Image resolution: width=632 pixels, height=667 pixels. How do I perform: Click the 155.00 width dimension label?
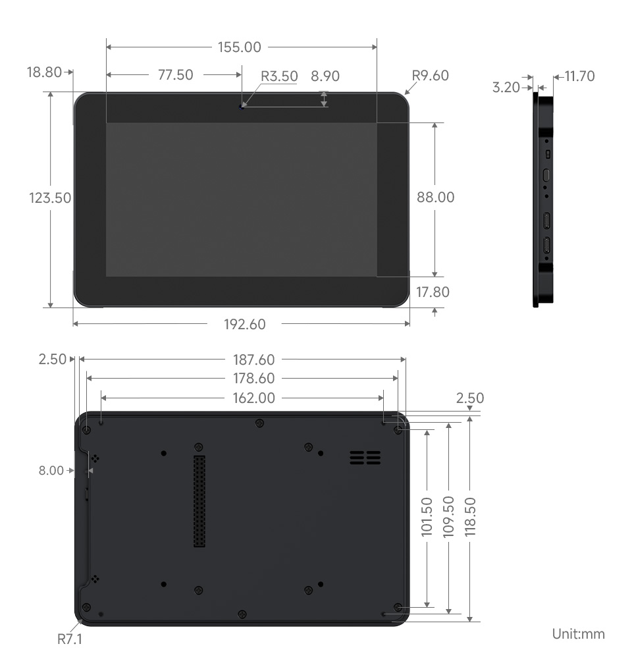click(x=240, y=47)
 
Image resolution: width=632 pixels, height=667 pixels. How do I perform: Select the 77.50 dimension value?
click(x=175, y=75)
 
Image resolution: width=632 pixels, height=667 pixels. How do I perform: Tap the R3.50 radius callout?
click(x=279, y=76)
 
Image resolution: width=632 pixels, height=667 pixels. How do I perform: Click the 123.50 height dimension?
click(x=50, y=198)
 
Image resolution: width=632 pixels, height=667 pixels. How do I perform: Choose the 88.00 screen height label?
click(x=436, y=198)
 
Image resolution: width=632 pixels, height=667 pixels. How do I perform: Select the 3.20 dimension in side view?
click(x=506, y=87)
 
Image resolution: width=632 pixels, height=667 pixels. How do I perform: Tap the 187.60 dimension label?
click(x=253, y=360)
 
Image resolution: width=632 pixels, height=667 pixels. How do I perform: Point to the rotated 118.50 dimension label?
click(x=470, y=518)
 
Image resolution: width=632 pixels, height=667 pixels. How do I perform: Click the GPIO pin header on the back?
click(x=199, y=500)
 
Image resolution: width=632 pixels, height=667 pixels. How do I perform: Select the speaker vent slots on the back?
click(x=365, y=458)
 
